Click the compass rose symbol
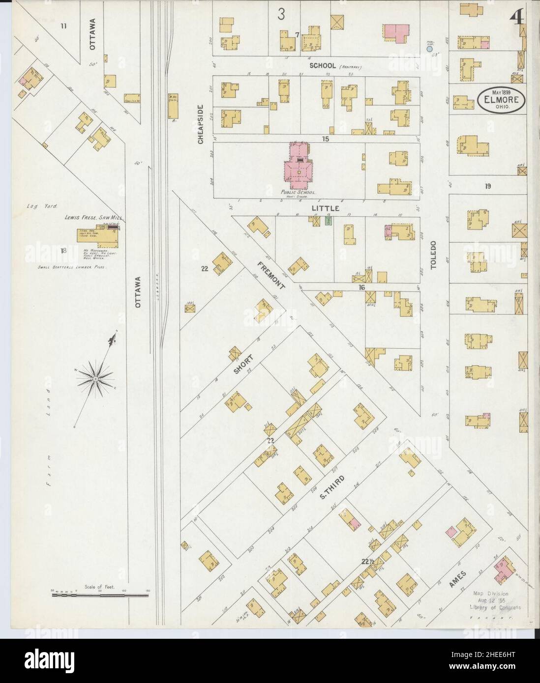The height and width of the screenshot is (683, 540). (x=95, y=377)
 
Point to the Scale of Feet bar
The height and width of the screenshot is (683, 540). (x=100, y=595)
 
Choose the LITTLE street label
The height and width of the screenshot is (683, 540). (x=326, y=208)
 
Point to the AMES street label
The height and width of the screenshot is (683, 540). (x=457, y=580)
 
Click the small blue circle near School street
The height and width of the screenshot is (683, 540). (x=429, y=49)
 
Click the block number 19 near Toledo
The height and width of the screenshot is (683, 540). (x=487, y=186)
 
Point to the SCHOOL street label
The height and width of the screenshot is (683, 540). (x=323, y=65)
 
